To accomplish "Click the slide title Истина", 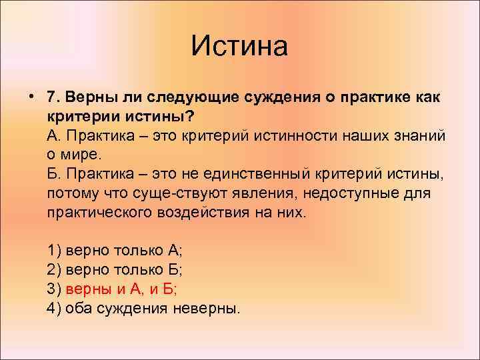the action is [x=239, y=46].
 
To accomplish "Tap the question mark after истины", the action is [x=190, y=116].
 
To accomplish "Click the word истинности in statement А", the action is [x=295, y=135].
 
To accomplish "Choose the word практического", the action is [x=99, y=213].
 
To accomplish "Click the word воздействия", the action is [x=203, y=212].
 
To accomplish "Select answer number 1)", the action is [x=54, y=251].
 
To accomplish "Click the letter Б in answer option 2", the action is [x=173, y=270].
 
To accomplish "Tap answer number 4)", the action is [x=54, y=308].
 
